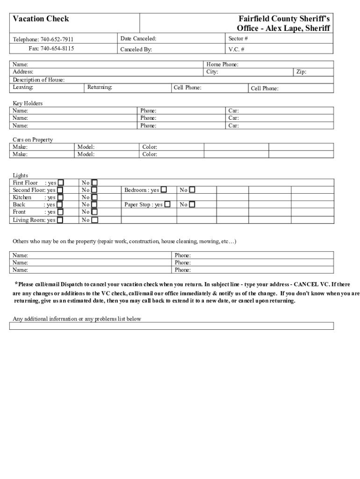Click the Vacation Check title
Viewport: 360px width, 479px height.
click(41, 19)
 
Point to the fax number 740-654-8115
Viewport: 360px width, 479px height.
click(57, 48)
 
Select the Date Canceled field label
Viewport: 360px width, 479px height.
click(138, 38)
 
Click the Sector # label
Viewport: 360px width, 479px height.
click(238, 38)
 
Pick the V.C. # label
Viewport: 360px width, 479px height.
click(237, 49)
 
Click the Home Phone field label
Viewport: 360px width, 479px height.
click(223, 65)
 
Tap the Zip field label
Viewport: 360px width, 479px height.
click(301, 72)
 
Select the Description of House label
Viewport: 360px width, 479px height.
click(39, 80)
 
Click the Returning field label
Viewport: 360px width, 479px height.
click(100, 87)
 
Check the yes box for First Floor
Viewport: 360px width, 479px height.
click(61, 182)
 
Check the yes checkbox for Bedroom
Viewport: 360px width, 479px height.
click(164, 190)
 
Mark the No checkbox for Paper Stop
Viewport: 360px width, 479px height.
click(192, 204)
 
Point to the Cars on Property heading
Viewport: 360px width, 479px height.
click(33, 139)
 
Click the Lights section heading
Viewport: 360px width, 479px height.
click(21, 175)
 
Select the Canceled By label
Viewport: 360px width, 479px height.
click(136, 49)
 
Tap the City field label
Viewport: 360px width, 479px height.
click(212, 72)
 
